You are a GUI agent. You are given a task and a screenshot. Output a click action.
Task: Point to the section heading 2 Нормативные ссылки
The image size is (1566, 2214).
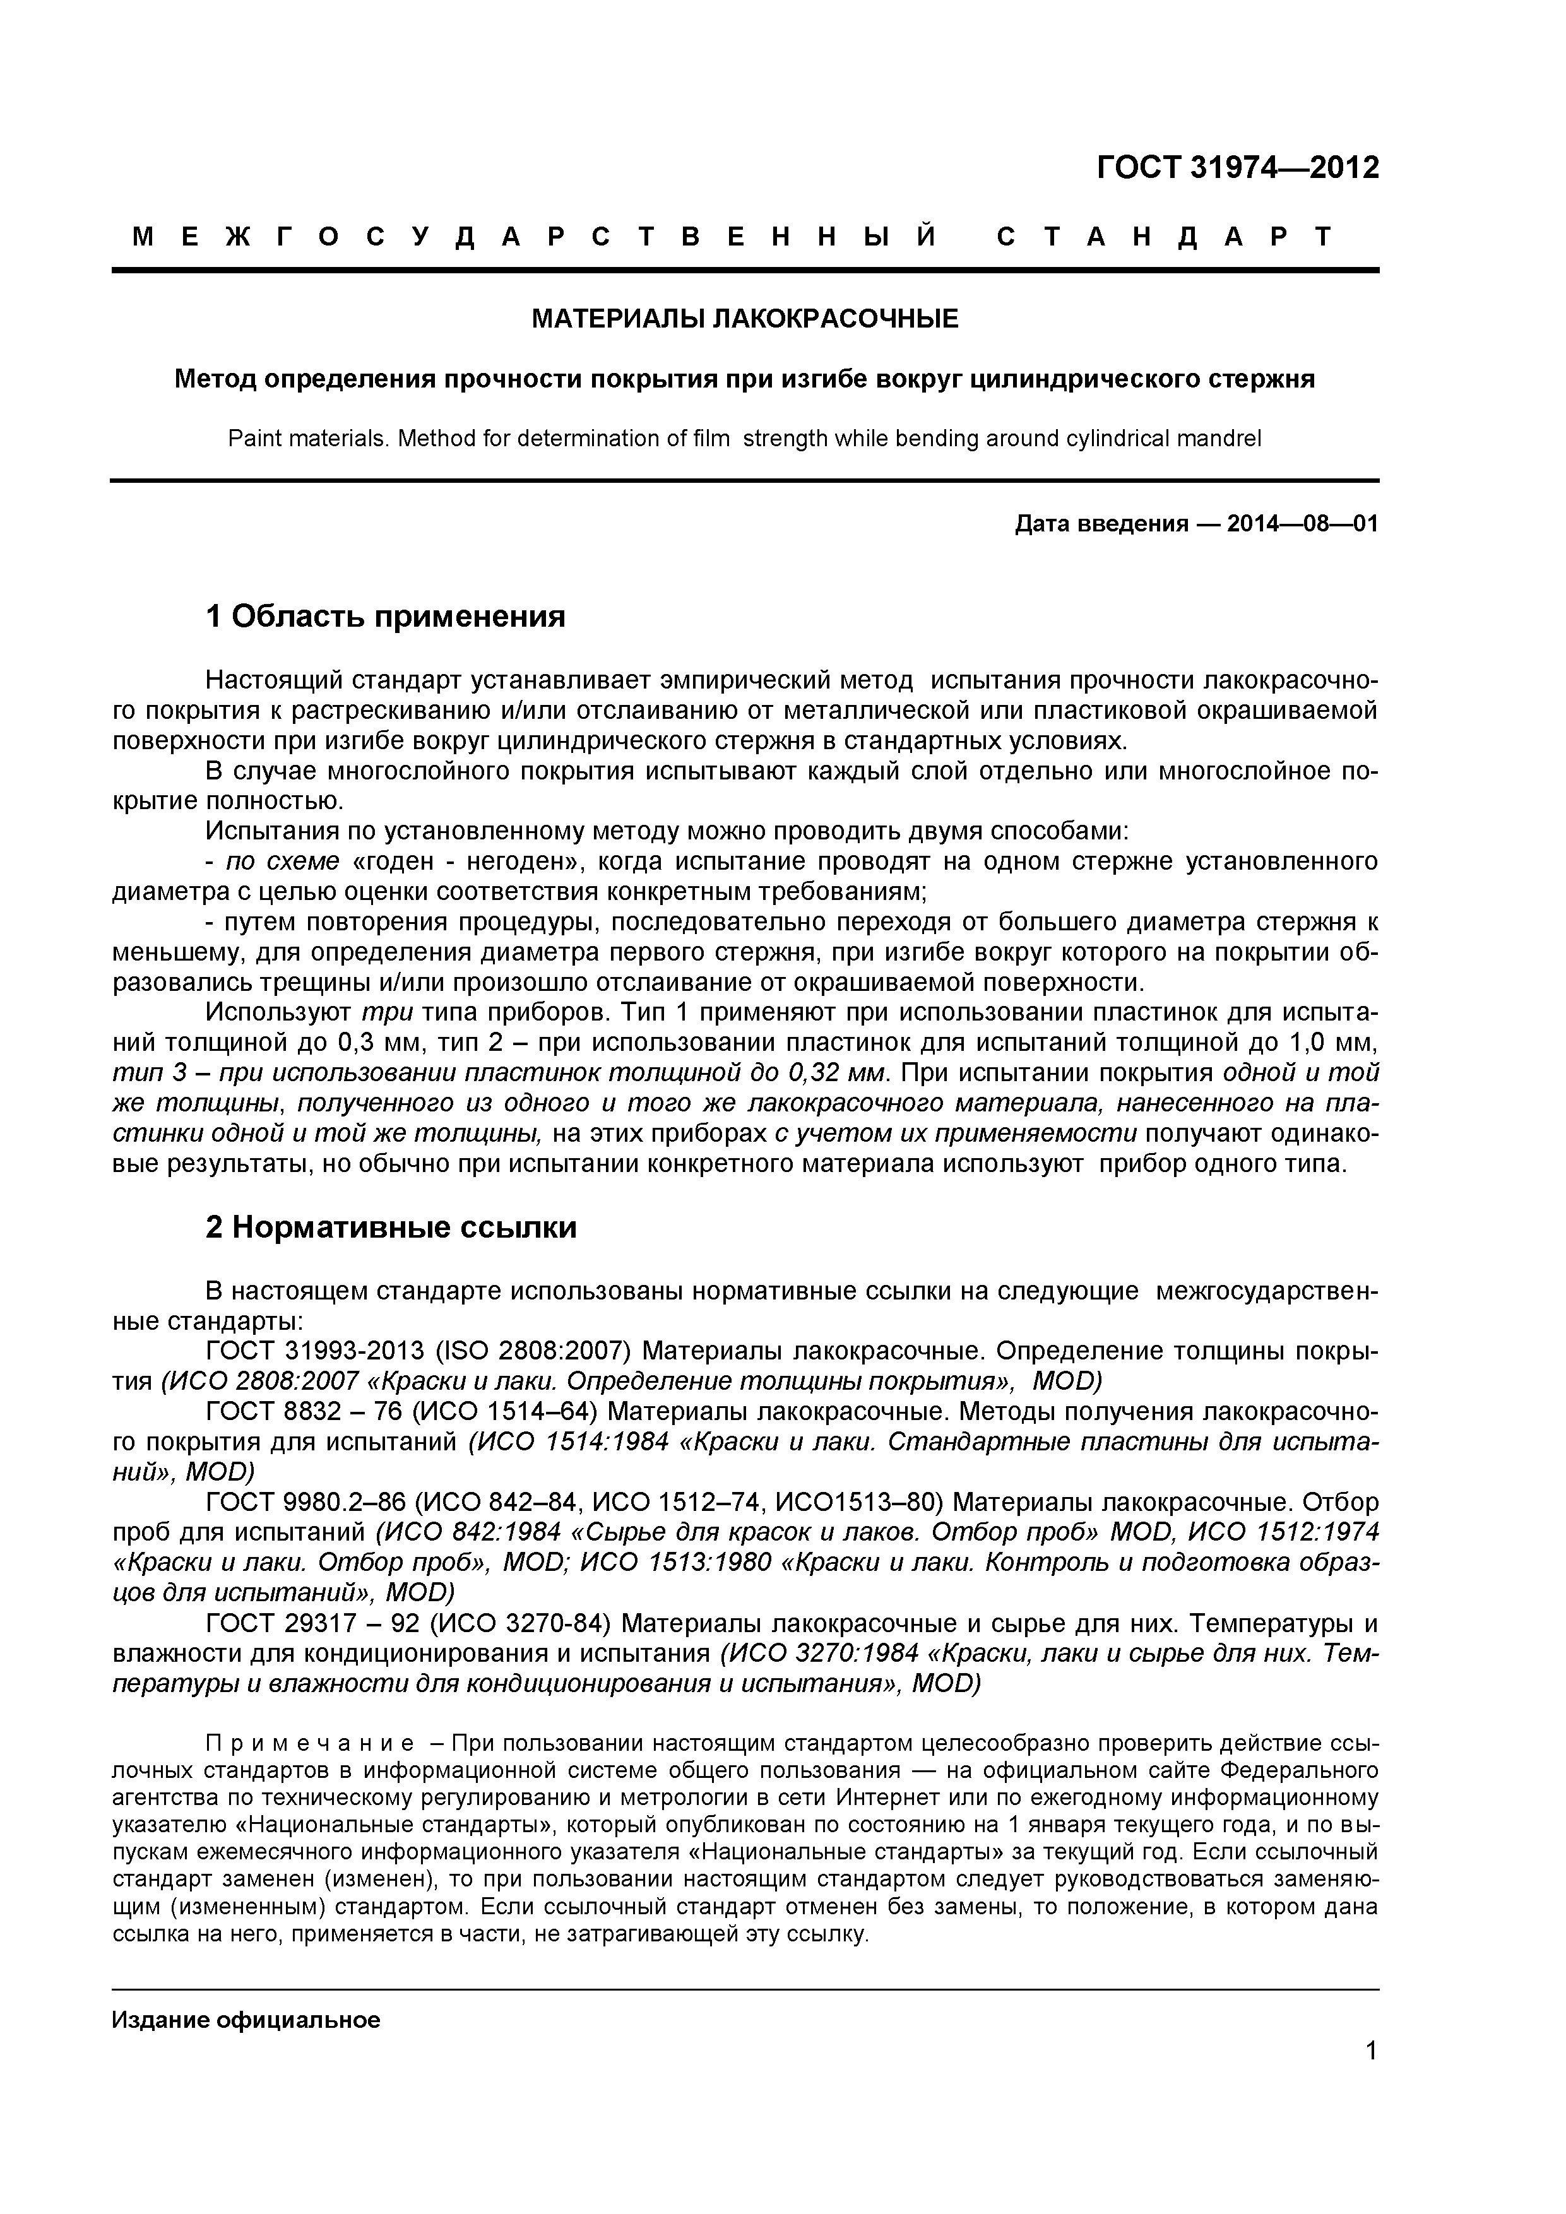(391, 1228)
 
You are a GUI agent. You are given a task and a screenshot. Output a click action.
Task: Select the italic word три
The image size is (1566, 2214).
(387, 1012)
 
